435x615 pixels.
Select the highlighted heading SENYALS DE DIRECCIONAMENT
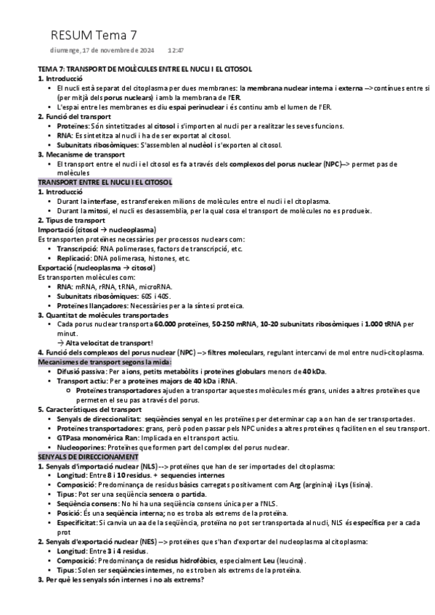coord(88,458)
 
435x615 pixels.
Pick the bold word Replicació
coord(76,257)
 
